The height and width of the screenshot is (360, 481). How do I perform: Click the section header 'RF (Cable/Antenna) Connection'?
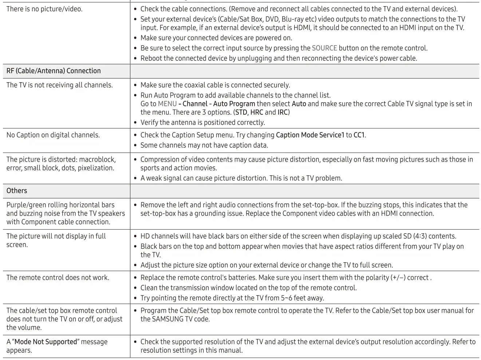(x=54, y=71)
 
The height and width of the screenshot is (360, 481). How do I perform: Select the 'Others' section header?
(x=17, y=191)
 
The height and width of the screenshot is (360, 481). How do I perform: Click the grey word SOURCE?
(x=324, y=48)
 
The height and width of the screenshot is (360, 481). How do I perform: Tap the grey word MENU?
(x=167, y=104)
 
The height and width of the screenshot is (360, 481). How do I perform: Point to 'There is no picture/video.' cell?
(x=44, y=9)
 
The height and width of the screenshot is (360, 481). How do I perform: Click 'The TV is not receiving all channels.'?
(x=59, y=85)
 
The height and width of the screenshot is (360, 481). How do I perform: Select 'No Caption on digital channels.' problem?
(x=53, y=135)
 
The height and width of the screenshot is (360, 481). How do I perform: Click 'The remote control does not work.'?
(x=58, y=278)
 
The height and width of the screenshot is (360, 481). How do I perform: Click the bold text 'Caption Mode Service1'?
(x=310, y=135)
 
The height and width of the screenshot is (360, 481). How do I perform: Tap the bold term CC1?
(x=359, y=135)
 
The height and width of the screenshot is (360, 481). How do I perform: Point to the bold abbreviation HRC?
(x=257, y=112)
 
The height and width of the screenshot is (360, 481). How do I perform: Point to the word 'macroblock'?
(x=98, y=159)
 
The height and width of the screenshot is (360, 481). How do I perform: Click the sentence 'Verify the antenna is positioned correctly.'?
(x=203, y=123)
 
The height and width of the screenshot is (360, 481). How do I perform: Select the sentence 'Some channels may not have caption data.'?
(x=204, y=145)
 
